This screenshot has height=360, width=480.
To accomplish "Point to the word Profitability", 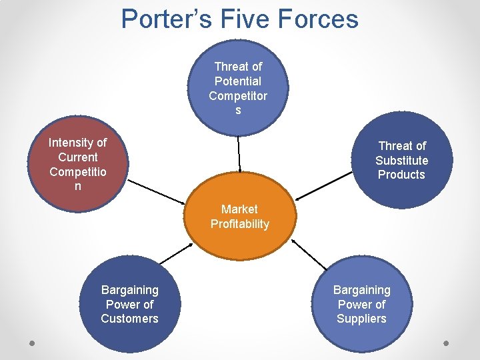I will click(239, 224).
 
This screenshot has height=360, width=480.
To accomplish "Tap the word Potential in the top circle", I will click(238, 81).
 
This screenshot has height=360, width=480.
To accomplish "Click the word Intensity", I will click(77, 143).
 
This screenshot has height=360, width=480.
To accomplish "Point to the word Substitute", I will click(401, 160).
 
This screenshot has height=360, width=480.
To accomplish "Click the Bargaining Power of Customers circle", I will click(129, 304).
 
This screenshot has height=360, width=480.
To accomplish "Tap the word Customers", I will click(129, 319).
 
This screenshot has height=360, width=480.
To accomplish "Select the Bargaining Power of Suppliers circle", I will click(361, 304).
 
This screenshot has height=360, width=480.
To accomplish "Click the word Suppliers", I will click(361, 319).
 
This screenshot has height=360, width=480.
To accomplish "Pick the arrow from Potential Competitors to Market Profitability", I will click(239, 154).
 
